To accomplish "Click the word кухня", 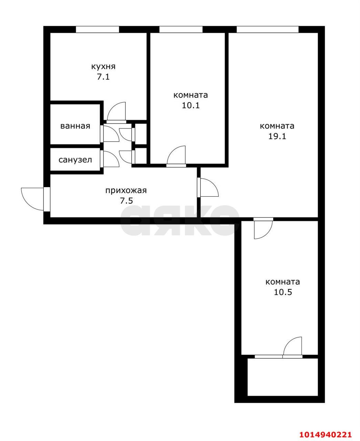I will pyautogui.click(x=103, y=66).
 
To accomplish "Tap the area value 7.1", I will pyautogui.click(x=103, y=77).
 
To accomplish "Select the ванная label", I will pyautogui.click(x=75, y=126).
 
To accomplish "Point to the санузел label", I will pyautogui.click(x=75, y=160).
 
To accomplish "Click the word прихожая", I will pyautogui.click(x=126, y=190).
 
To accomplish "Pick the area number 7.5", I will pyautogui.click(x=126, y=201).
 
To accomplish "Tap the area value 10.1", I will pyautogui.click(x=191, y=105).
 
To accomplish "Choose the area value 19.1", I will pyautogui.click(x=277, y=136).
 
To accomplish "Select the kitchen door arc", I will pyautogui.click(x=116, y=111).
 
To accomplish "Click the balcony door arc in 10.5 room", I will pyautogui.click(x=293, y=346).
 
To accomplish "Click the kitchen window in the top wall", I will pyautogui.click(x=97, y=30).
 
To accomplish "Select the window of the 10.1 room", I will pyautogui.click(x=181, y=30).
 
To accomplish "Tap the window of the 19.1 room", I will pyautogui.click(x=267, y=30).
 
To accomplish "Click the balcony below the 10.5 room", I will pyautogui.click(x=282, y=377).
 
